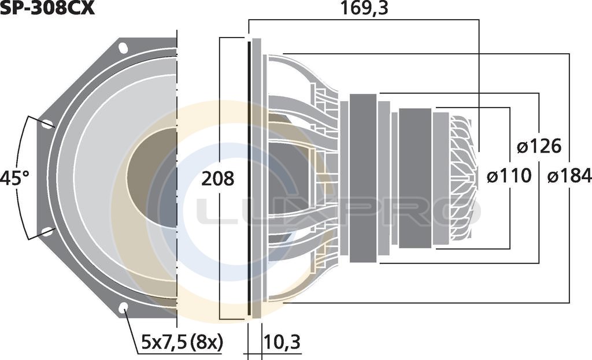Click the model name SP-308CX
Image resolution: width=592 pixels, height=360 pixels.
[x=47, y=8]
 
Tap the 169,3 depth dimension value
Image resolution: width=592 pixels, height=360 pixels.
[x=364, y=8]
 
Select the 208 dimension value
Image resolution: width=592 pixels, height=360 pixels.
[x=217, y=178]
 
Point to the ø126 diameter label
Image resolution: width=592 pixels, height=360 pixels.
[x=539, y=146]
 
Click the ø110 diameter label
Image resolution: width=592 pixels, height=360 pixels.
[x=509, y=176]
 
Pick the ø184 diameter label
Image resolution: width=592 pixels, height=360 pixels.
[x=569, y=176]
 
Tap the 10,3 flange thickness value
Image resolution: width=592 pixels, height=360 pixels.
[x=282, y=342]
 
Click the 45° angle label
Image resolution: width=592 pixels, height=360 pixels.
[x=14, y=178]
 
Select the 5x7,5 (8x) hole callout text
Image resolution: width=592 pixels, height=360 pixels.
[x=182, y=342]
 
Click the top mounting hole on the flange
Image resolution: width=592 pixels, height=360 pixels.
[x=123, y=49]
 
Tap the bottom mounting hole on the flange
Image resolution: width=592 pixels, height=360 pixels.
[x=123, y=308]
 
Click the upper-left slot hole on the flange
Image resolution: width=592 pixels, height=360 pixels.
[x=47, y=124]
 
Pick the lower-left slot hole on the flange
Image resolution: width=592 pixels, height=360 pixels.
[x=47, y=231]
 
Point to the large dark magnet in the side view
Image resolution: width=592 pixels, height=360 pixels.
[x=363, y=178]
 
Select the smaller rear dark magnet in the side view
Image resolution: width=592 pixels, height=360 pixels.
[x=415, y=178]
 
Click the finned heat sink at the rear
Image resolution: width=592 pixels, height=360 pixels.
[x=463, y=177]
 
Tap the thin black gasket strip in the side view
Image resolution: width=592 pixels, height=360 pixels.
[x=249, y=178]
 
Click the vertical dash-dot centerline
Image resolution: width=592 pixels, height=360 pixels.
[x=177, y=178]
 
